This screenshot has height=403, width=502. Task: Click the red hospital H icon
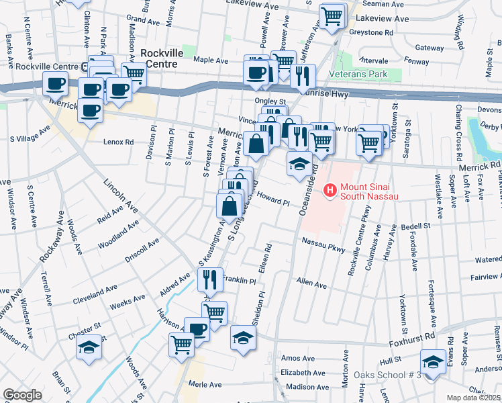pyautogui.click(x=330, y=191)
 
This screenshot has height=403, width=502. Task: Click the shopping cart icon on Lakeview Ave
pyautogui.click(x=332, y=16)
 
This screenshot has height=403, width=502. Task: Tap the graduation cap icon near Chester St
pyautogui.click(x=88, y=347)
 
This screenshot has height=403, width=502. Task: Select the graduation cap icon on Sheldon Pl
pyautogui.click(x=243, y=337)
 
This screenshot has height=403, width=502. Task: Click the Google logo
pyautogui.click(x=22, y=395)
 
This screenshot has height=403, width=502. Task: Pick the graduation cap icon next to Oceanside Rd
pyautogui.click(x=299, y=163)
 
